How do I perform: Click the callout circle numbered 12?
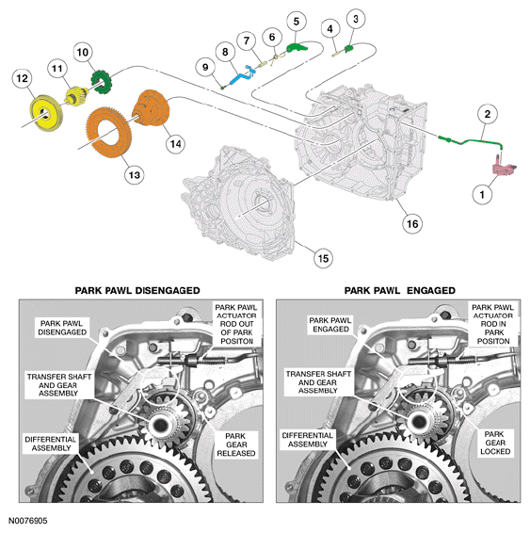point(22,78)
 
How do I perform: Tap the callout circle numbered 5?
point(297,22)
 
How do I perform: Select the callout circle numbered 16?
point(412,224)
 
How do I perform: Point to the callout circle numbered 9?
point(205,67)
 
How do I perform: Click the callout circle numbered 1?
point(482,195)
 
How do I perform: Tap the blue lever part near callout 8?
point(242,75)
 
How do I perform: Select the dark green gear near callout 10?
point(102,82)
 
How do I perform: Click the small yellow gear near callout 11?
point(76,96)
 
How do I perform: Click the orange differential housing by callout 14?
point(151,108)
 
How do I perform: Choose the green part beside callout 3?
point(349,49)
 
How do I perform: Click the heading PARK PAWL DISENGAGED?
point(137,291)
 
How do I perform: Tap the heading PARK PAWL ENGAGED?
point(399,291)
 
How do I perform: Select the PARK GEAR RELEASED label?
point(235,444)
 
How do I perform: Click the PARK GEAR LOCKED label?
point(495,443)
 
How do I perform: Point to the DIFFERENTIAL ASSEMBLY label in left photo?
point(51,444)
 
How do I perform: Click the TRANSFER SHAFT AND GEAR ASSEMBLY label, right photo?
point(318,382)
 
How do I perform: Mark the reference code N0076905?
point(28,521)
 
